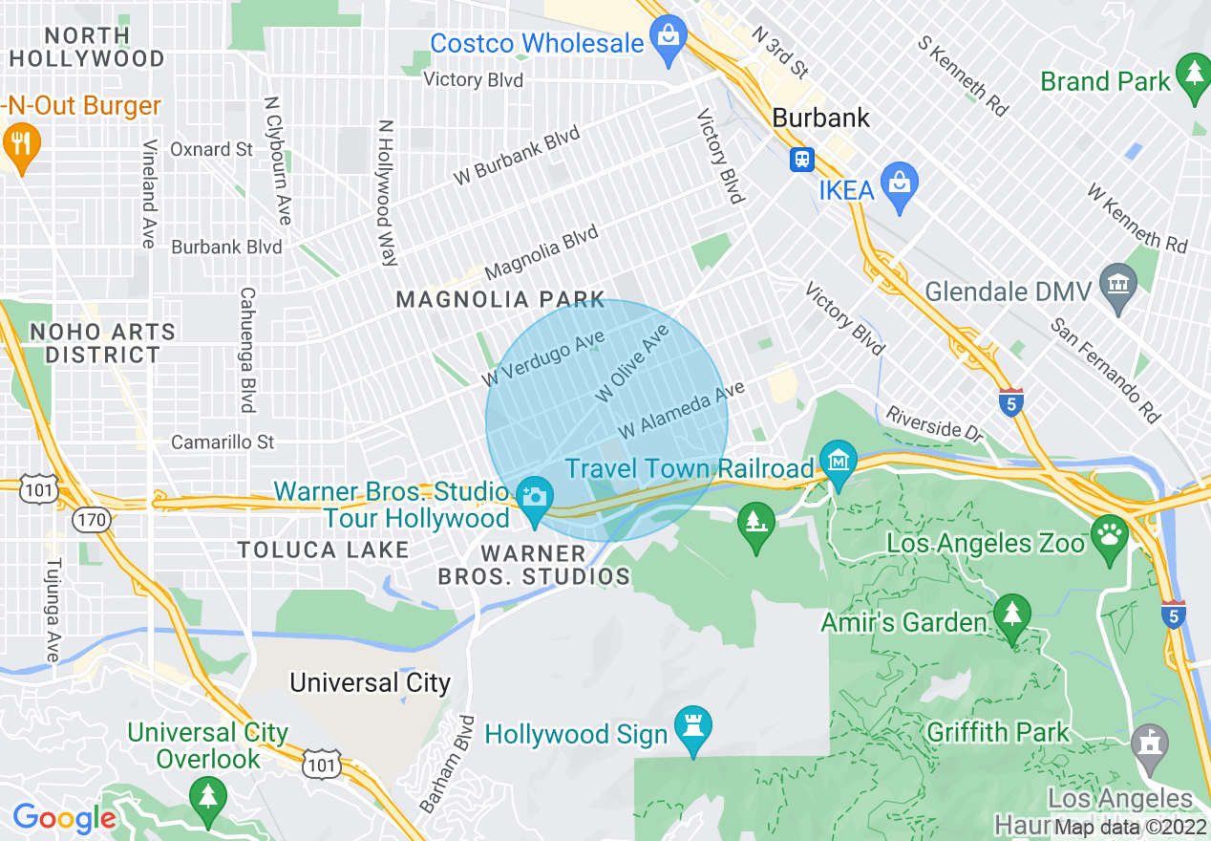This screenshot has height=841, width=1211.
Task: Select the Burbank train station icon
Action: coord(801,159)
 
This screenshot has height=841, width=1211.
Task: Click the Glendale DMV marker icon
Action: coord(1116,282)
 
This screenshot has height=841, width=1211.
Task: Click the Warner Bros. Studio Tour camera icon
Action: coord(534,496)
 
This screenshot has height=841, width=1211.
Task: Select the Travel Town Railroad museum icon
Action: coord(838,462)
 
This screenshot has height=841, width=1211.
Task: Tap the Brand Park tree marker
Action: coord(1192,72)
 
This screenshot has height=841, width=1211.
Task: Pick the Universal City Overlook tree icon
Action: coord(206,795)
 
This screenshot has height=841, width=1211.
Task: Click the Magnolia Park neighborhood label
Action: coord(500,300)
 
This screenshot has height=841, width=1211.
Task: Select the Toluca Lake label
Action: coord(323,550)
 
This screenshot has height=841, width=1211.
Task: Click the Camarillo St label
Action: coord(222,442)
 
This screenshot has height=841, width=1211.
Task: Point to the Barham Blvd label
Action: coord(446,765)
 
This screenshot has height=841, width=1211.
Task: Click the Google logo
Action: coord(63,818)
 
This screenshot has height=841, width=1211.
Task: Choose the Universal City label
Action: coord(370,682)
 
